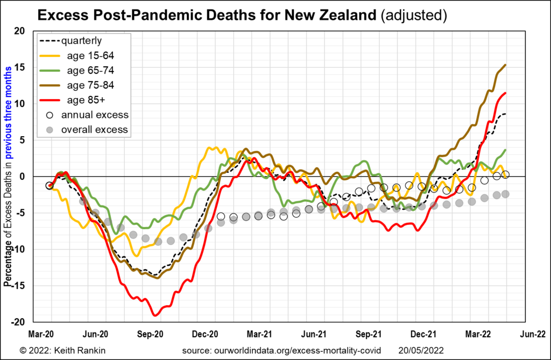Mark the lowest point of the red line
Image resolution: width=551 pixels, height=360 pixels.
click(156, 315)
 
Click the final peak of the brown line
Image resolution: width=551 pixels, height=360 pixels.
click(505, 65)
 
